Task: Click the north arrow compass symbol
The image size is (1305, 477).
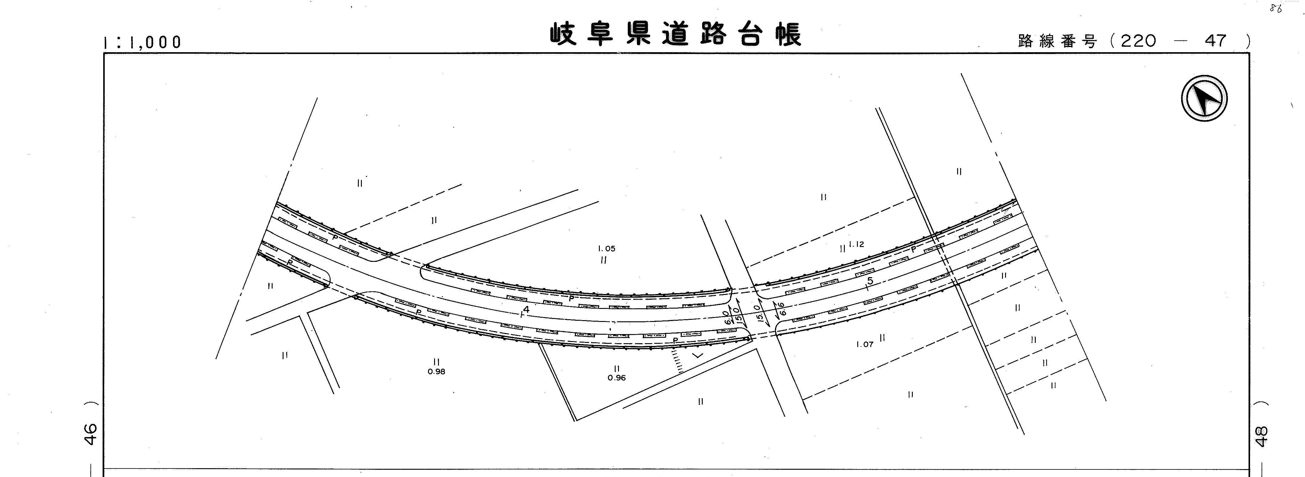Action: [x=1204, y=98]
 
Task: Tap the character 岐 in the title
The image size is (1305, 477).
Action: [x=564, y=34]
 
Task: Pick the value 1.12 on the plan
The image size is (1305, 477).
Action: [x=856, y=244]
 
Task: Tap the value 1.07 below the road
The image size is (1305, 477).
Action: [x=865, y=344]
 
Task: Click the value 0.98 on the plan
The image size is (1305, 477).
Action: [x=436, y=371]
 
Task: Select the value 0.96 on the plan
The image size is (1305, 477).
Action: [x=617, y=378]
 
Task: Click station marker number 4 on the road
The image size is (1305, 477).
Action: [x=526, y=309]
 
